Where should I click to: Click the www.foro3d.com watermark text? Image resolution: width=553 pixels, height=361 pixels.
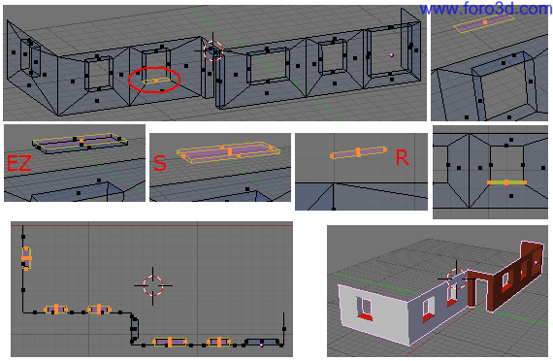(486, 9)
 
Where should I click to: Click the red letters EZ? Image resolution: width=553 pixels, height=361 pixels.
(19, 163)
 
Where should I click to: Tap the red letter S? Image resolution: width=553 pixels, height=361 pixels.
(160, 163)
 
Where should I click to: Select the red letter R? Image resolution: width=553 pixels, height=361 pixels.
(402, 157)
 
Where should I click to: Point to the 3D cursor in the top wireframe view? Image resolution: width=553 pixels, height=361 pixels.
(213, 50)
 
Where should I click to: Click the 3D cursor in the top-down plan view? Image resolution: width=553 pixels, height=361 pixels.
(153, 285)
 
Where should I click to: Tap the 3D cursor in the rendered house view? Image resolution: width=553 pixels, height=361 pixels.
(456, 279)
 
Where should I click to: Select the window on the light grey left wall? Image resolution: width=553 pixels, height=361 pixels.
(365, 308)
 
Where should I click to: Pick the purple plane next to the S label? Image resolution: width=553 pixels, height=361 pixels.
(229, 151)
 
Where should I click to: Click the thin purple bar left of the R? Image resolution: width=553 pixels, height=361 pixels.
(358, 152)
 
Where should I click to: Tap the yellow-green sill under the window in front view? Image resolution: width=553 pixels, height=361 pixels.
(506, 182)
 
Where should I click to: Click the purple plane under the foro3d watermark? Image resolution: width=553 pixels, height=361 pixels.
(484, 23)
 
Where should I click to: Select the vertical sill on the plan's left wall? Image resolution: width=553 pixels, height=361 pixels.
(26, 258)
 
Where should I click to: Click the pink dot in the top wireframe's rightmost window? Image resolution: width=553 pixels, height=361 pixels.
(392, 55)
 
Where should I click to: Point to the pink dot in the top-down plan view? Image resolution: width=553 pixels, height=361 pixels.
(261, 345)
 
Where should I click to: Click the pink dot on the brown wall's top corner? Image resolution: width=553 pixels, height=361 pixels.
(537, 263)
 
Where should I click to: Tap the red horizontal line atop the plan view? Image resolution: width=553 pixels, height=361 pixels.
(151, 225)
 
